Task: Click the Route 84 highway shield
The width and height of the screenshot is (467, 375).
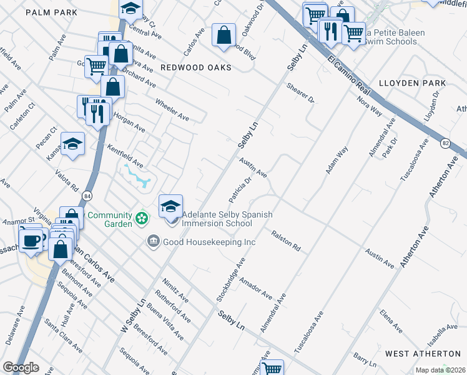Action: click(x=87, y=194)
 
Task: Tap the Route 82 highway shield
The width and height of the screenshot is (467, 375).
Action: click(x=445, y=143)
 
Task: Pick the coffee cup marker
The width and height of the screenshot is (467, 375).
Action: click(x=31, y=239)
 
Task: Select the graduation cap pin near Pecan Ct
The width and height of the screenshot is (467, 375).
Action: click(x=72, y=144)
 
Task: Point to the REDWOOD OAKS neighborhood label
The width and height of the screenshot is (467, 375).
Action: click(x=195, y=67)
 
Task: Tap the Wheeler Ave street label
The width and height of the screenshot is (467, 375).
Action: click(x=172, y=110)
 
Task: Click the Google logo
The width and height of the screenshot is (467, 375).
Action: click(x=21, y=367)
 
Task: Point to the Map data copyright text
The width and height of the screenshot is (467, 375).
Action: click(x=440, y=370)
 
